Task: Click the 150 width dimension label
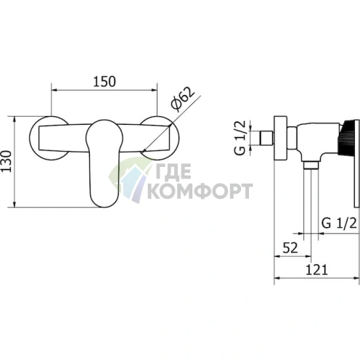(x=105, y=81)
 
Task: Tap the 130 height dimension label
(x=7, y=161)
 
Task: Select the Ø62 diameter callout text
(x=183, y=99)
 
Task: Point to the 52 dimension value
(x=290, y=248)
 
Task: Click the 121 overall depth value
(x=316, y=270)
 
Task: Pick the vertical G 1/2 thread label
(x=240, y=138)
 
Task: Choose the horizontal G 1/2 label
(x=339, y=223)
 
